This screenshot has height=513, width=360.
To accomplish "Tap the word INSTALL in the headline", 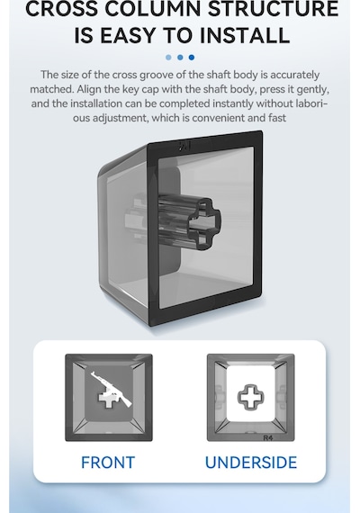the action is click(245, 35).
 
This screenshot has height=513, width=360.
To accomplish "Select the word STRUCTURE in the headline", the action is click(274, 8).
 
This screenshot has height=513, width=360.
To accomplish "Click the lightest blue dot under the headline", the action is click(168, 58).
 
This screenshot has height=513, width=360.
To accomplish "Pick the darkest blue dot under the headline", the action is click(192, 58).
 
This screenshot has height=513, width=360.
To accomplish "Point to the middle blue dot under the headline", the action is click(180, 58).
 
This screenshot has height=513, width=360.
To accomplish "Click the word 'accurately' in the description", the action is click(295, 76).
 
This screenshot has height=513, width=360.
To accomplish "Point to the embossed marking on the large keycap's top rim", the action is click(184, 146).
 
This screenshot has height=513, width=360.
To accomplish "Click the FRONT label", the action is click(108, 463).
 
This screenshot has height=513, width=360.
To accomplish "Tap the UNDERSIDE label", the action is click(251, 463).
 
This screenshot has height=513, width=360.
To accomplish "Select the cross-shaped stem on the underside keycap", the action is click(251, 397).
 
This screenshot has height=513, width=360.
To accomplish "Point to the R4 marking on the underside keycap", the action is click(268, 437).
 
